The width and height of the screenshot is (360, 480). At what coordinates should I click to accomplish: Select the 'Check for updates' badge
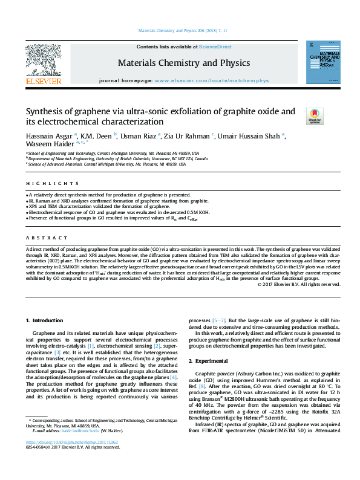click(315, 115)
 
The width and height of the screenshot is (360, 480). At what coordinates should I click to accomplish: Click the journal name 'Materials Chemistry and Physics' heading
click(183, 63)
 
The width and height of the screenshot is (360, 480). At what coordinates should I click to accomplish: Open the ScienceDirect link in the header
click(215, 47)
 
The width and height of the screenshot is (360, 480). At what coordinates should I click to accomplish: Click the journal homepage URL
click(211, 80)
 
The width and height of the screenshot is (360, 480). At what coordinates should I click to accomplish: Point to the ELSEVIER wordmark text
click(43, 80)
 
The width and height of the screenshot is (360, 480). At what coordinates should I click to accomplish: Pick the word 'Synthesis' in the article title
click(46, 112)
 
